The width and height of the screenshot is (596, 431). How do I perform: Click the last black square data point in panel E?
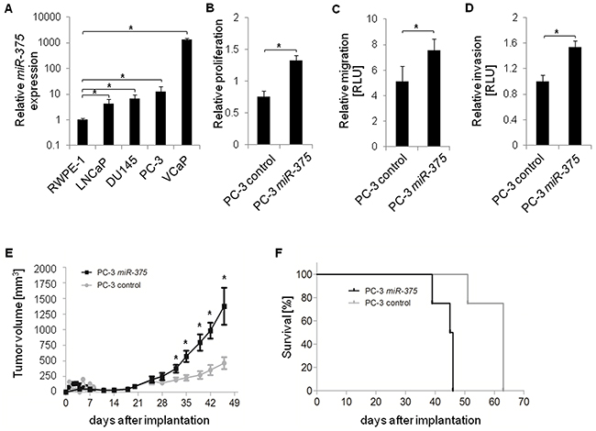pyautogui.click(x=223, y=306)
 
